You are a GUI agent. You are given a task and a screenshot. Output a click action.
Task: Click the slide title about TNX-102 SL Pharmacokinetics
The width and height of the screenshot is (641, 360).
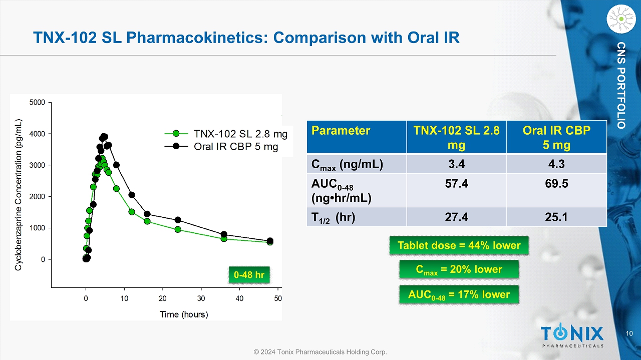pos(246,37)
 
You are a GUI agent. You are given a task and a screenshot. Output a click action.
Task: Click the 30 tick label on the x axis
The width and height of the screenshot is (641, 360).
pos(201,299)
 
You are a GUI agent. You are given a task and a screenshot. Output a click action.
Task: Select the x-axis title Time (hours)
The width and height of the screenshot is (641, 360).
pos(184,314)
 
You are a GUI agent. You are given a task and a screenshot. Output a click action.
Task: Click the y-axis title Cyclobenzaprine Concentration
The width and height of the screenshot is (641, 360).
pos(18,195)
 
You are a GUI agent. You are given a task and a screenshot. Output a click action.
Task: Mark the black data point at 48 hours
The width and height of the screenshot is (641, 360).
pos(270,241)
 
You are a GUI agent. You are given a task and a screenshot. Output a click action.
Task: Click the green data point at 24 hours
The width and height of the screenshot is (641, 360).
pos(178,229)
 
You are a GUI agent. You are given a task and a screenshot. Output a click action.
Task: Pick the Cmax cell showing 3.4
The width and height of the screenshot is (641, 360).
pos(456,164)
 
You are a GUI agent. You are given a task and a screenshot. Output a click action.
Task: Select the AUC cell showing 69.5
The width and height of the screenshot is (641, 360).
pos(556,184)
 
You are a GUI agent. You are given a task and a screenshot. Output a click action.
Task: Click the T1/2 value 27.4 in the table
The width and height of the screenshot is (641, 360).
pos(456,217)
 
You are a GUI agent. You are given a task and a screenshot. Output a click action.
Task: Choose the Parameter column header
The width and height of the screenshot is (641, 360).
pos(341,131)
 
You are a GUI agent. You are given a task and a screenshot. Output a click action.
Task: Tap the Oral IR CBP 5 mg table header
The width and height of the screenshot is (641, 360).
pos(556,137)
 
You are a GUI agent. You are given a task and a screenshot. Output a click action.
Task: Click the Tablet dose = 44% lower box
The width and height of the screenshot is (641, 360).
pos(459,246)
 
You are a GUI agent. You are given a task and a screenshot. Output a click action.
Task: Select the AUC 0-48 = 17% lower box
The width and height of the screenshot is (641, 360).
pos(459,294)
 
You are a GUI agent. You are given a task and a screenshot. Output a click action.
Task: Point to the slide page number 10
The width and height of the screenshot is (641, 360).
pos(630,333)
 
